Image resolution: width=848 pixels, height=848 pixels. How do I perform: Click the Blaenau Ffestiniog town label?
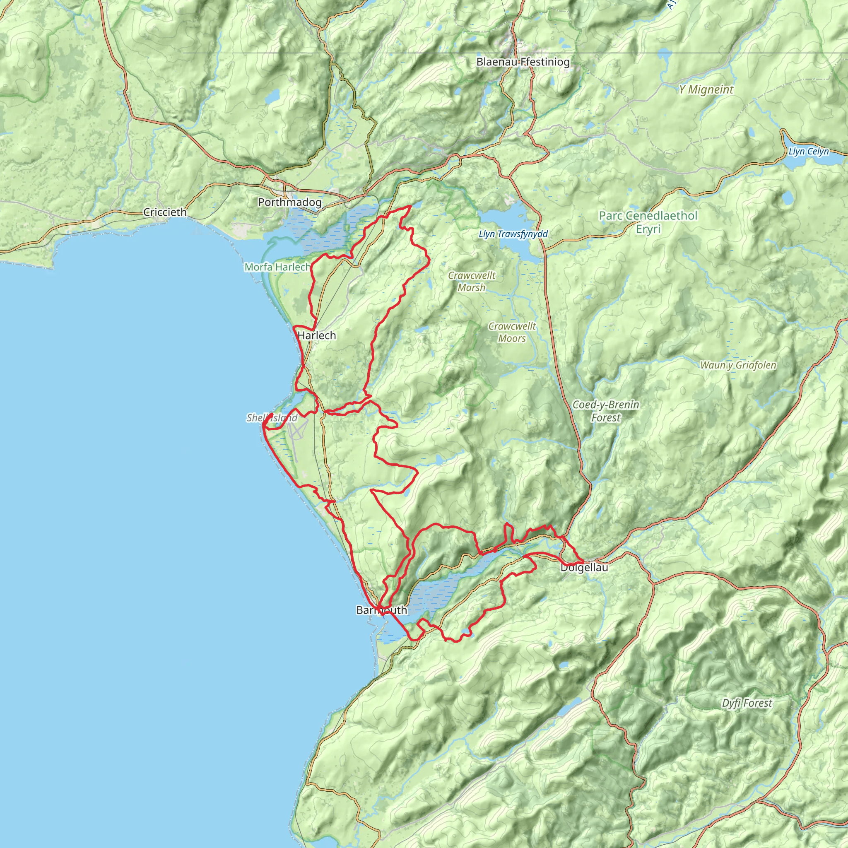click(523, 62)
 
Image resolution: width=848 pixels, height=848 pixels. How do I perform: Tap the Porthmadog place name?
click(290, 202)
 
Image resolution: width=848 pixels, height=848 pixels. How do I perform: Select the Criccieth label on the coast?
click(165, 212)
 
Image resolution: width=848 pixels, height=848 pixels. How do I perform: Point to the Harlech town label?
click(316, 335)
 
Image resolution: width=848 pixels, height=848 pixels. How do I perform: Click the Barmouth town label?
click(381, 610)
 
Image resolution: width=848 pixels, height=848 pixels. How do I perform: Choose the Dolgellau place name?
click(584, 568)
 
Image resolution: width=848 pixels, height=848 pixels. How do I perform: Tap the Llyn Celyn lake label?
click(809, 152)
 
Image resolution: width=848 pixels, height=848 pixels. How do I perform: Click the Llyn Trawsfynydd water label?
click(513, 234)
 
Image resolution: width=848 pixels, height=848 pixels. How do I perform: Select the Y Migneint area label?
click(706, 89)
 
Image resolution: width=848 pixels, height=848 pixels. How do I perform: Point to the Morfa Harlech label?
click(277, 267)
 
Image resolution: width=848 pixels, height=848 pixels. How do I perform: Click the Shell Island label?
click(272, 418)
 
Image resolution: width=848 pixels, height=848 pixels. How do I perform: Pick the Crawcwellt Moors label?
click(512, 332)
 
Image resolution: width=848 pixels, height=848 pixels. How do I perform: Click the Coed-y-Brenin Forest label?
click(606, 411)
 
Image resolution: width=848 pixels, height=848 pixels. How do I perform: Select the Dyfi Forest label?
click(747, 703)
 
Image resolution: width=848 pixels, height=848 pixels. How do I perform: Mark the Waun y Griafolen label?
click(738, 365)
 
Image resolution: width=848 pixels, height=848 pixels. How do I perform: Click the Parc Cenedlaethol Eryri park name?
click(648, 222)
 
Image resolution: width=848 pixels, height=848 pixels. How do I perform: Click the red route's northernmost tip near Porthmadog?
click(410, 206)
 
